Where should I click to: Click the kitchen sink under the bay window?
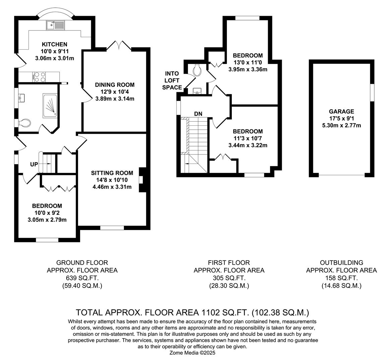point(55,24)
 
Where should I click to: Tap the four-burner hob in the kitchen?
point(40,77)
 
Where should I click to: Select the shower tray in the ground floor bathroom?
point(50,106)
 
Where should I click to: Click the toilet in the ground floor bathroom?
point(24,123)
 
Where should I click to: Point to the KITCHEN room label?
point(54,44)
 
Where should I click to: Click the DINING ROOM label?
point(115,85)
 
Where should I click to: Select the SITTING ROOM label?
point(112,173)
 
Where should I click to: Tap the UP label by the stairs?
point(34,164)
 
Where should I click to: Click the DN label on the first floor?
point(198,114)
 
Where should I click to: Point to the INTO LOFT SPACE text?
point(172,80)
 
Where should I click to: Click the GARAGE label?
point(341,112)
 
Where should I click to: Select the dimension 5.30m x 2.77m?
point(341,125)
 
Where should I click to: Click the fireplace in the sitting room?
point(142,180)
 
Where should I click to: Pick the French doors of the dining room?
point(119,46)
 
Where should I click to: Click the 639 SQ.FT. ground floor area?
point(82,278)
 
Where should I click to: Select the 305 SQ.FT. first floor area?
point(229,278)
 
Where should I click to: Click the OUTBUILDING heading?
point(341,263)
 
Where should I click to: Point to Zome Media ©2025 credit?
point(192,353)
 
